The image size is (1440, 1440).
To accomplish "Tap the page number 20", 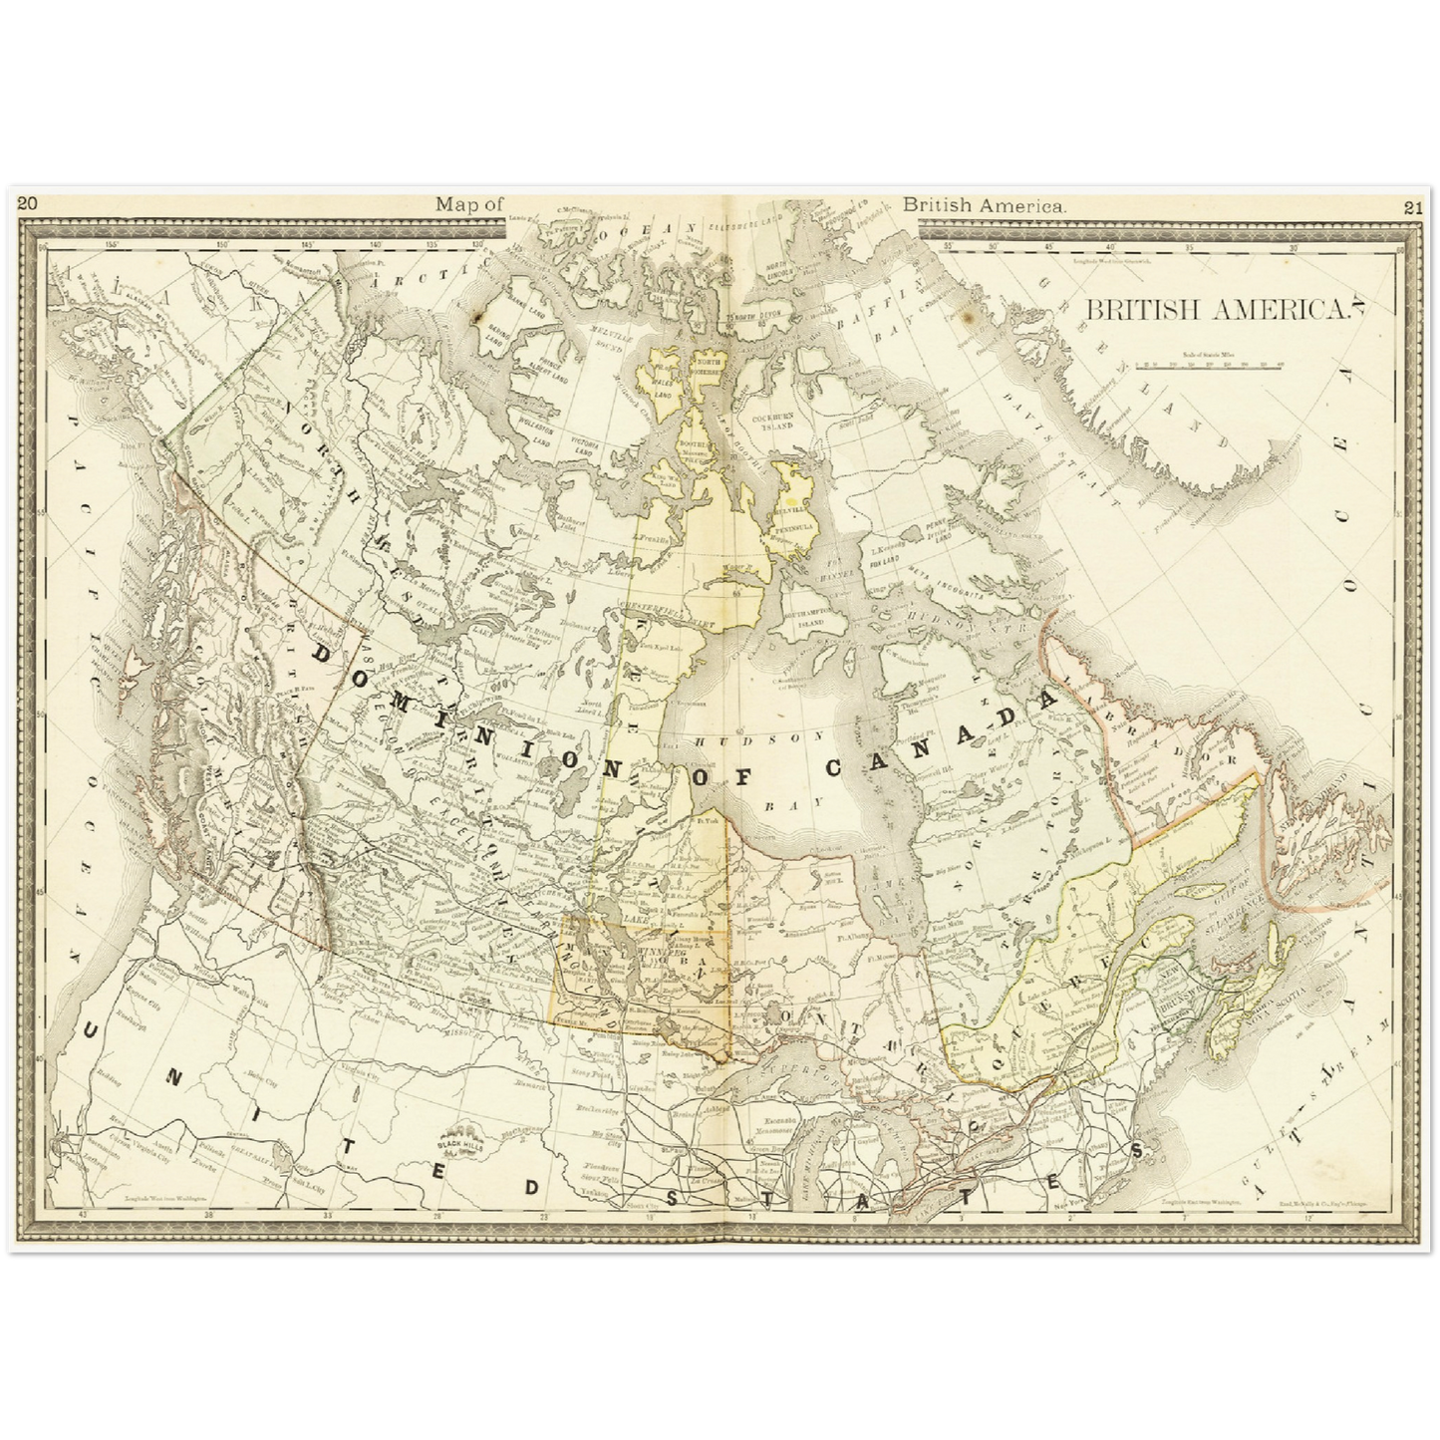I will pos(28,204).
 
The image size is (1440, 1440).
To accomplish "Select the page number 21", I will pos(1411,208).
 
